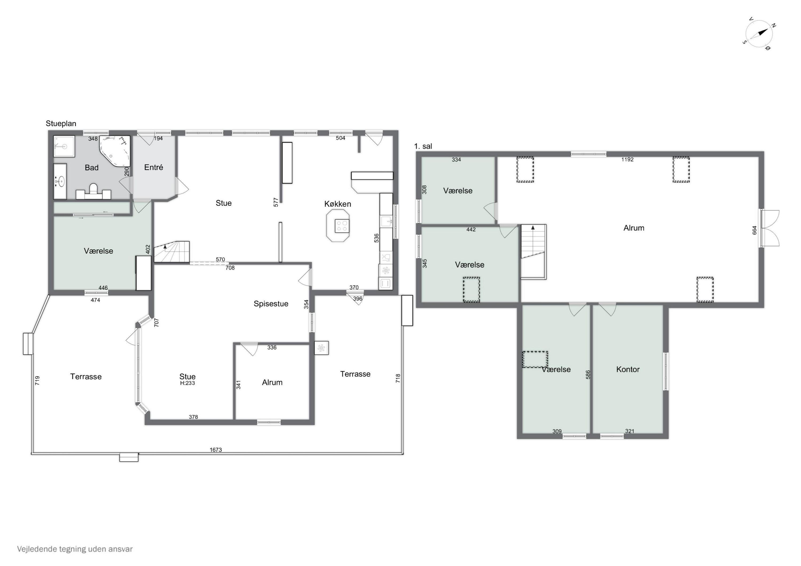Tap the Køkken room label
[x=337, y=204]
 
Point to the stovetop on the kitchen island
[x=341, y=226]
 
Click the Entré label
[x=154, y=167]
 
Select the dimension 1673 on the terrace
[x=215, y=450]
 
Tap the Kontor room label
[x=628, y=369]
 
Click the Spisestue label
[x=271, y=304]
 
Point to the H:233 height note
[x=187, y=383]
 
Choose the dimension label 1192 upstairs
[x=627, y=159]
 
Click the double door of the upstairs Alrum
[x=770, y=228]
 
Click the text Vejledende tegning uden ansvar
[x=75, y=549]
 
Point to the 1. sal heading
[x=423, y=147]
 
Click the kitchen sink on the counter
[x=386, y=221]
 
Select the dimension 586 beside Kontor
[x=588, y=375]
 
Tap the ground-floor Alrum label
[x=272, y=383]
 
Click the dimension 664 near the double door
[x=754, y=230]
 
